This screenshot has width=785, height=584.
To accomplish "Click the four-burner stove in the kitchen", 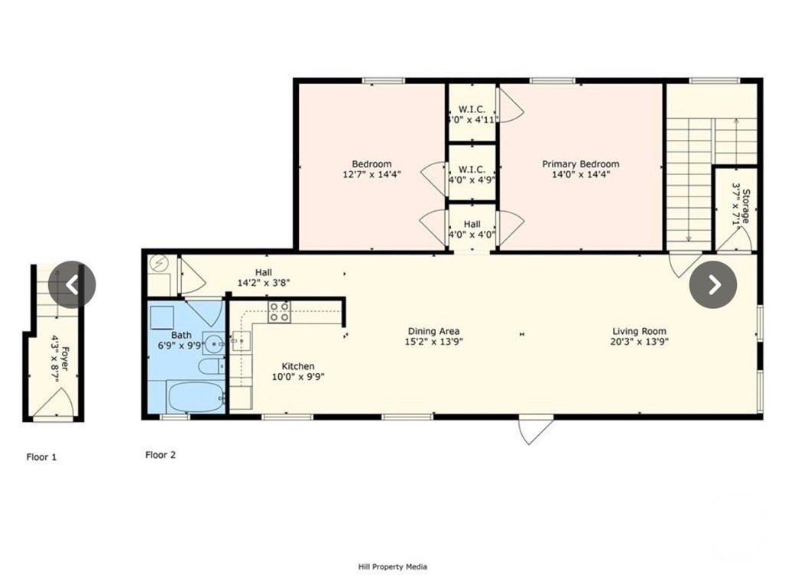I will point(279,311).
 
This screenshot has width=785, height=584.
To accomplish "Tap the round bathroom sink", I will point(212,344).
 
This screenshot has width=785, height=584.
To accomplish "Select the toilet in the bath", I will point(210,368).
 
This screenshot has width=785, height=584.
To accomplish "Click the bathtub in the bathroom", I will point(196,397).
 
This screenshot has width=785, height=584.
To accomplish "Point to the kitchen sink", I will point(241,341).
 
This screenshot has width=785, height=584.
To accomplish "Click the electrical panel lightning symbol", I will point(158,264).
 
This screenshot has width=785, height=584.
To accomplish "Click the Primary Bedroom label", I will point(580,164).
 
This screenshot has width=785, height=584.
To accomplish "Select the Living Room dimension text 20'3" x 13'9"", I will point(639,342).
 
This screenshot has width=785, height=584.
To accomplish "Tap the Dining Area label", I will point(433,331).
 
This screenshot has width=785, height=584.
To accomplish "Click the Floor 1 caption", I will point(41,457).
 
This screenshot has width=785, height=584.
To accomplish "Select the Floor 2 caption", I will point(161,455).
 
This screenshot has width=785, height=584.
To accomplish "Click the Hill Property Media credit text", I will point(392,566).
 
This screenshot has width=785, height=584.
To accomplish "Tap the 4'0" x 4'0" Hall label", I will point(472,229).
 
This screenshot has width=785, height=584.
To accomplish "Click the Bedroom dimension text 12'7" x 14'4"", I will point(371,174).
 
